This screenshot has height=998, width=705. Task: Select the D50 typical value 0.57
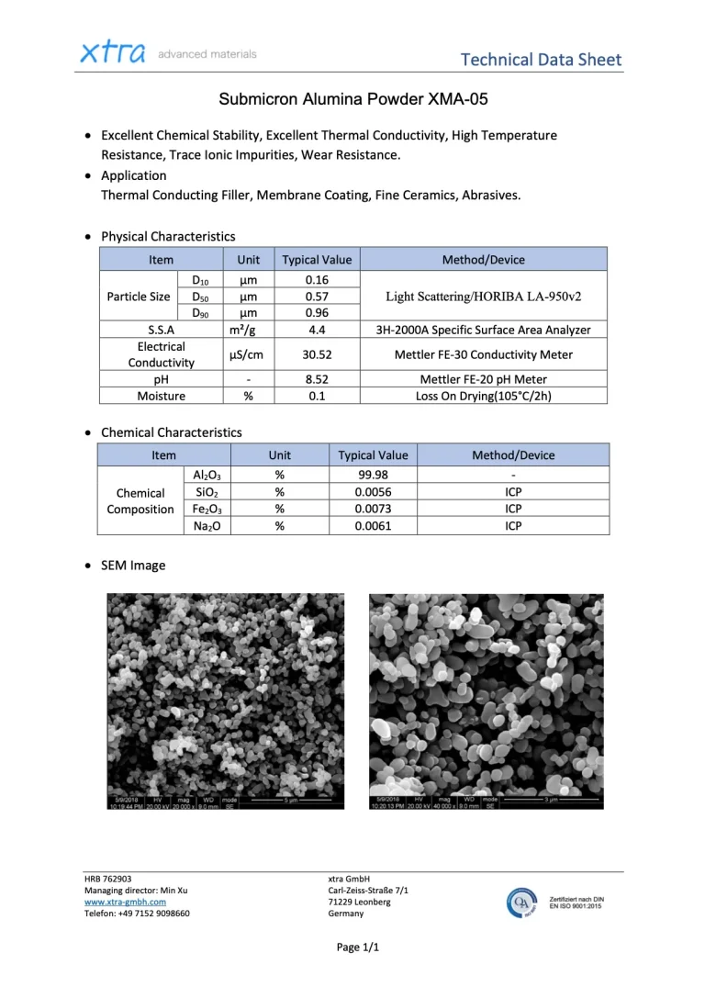pos(317,297)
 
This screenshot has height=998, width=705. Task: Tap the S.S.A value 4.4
pos(317,330)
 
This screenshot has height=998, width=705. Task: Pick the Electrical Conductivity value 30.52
pos(317,354)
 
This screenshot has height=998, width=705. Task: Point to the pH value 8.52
pos(317,379)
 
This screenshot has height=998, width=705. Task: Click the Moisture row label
pos(161,396)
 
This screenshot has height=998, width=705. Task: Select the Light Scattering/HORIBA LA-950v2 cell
pos(483,297)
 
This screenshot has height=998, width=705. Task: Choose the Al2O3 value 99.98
pos(373,476)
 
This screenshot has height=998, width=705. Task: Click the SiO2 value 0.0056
pos(373,492)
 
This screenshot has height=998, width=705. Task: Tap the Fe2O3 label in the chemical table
pos(207,509)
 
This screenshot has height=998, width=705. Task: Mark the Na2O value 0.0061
pos(373,525)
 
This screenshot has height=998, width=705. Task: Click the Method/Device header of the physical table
pos(483,260)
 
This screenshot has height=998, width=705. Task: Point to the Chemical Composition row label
pos(140,500)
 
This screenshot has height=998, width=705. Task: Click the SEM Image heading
pos(133,566)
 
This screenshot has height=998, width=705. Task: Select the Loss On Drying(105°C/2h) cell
pos(483,396)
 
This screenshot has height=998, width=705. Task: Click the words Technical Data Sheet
pos(541,61)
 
